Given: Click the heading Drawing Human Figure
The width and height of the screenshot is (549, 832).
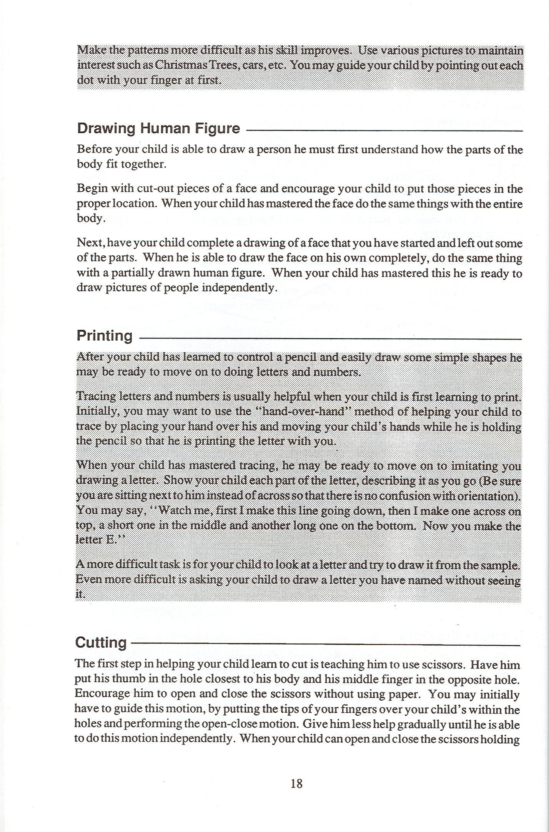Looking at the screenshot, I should pyautogui.click(x=158, y=128).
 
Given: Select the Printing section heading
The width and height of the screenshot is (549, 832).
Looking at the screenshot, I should pyautogui.click(x=105, y=336).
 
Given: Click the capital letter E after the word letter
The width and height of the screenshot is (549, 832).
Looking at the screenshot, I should pyautogui.click(x=110, y=540).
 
